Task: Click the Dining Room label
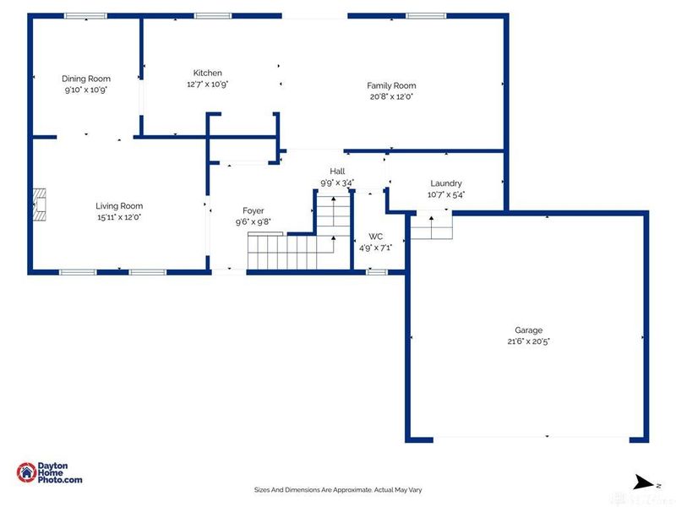87,79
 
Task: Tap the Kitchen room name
208,73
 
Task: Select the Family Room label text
390,85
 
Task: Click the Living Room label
118,205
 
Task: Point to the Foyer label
253,210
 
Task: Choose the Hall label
337,171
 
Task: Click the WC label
376,236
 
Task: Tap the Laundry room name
446,183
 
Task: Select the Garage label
529,330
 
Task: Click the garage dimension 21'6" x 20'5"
529,341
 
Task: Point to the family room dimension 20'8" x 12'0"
390,96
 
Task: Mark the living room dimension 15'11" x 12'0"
118,216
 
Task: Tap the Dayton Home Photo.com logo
51,473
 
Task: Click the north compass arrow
644,483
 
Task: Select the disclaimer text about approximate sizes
338,488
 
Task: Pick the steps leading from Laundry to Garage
431,226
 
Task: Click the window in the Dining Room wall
86,15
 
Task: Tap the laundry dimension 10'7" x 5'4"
446,194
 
